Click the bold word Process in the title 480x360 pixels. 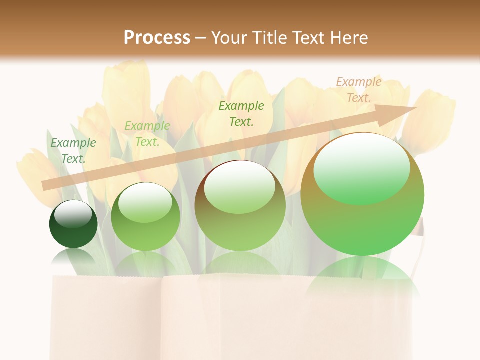157,37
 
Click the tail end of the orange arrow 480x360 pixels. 44,186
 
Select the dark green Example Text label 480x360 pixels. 73,151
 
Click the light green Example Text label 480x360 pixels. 147,134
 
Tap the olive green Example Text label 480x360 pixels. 241,113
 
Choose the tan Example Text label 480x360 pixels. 359,90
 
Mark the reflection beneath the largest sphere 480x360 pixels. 362,280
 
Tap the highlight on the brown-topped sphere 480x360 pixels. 240,187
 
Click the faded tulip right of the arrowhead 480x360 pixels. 432,120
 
